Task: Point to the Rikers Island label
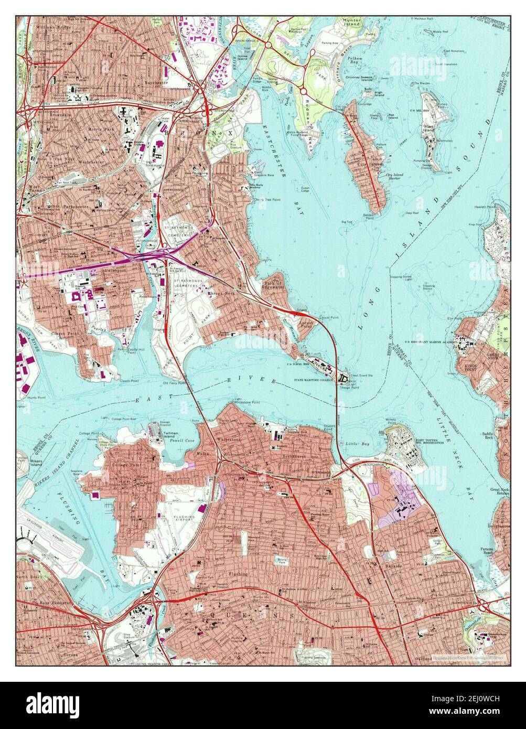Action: (x=23, y=464)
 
